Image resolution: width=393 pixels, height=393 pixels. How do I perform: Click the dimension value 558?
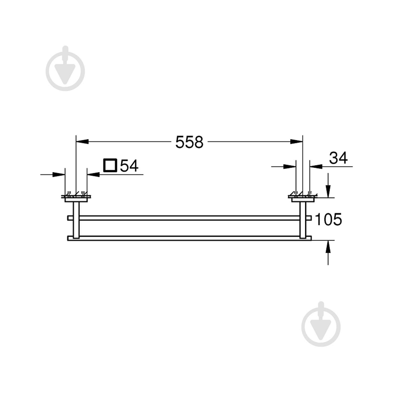189,142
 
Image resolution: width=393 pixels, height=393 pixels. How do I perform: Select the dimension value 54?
129,166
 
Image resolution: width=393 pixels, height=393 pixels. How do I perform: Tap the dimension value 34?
338,158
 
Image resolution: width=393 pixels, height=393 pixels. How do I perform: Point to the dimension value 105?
328,219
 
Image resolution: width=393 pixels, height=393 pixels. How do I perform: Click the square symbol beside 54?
110,165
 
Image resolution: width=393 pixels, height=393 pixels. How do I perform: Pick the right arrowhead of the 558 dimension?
297,141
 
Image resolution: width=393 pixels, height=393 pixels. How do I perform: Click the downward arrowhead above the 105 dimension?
328,191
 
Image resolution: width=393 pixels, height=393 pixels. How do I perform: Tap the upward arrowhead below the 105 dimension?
328,247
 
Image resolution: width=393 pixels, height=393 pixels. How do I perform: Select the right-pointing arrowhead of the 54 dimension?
59,174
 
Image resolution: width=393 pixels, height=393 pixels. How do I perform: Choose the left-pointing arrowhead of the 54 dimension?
93,174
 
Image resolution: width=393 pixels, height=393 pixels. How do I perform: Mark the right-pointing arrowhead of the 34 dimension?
290,166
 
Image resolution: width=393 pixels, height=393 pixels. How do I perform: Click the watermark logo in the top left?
65,68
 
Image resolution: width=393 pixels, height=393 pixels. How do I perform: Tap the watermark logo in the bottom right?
321,324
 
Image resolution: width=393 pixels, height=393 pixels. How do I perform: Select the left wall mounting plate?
76,200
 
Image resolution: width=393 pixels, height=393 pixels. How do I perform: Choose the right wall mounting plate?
303,200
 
